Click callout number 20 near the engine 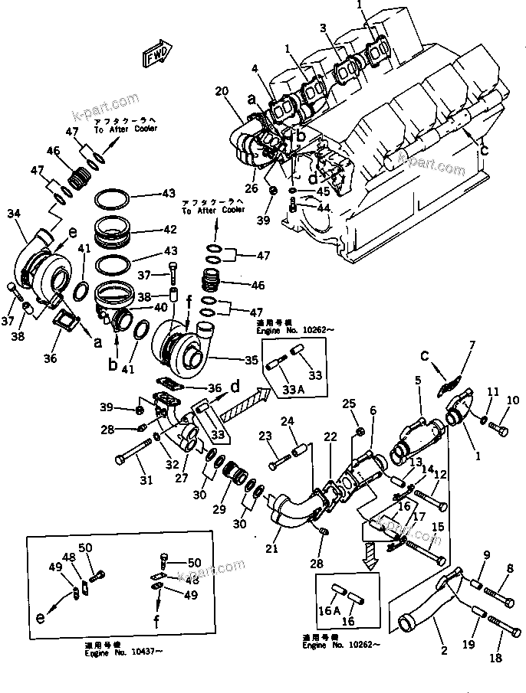(221, 92)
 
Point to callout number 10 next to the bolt (513, 400)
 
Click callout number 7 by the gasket (472, 345)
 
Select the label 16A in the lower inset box (329, 610)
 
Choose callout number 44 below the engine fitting (324, 208)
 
